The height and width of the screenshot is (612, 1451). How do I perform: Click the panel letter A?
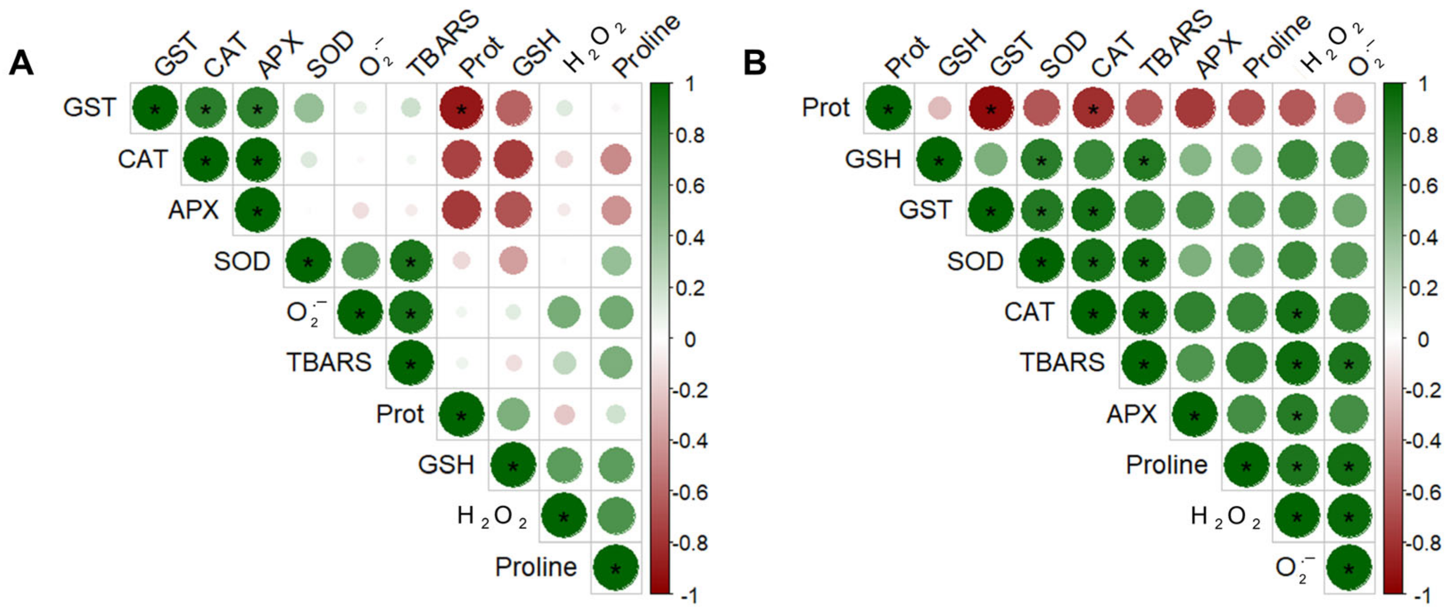tap(21, 62)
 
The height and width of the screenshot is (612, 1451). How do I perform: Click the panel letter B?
tap(755, 62)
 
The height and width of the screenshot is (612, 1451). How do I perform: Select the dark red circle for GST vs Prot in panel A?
tap(461, 108)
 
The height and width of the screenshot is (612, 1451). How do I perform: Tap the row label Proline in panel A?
tap(536, 567)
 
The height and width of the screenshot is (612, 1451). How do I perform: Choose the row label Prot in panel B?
tap(826, 108)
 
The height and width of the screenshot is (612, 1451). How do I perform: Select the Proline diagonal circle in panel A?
tap(616, 568)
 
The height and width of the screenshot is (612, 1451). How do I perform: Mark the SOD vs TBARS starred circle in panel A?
tap(410, 262)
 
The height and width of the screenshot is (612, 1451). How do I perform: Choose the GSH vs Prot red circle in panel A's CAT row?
tap(513, 159)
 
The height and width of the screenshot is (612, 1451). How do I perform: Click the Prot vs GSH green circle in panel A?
tap(513, 415)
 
